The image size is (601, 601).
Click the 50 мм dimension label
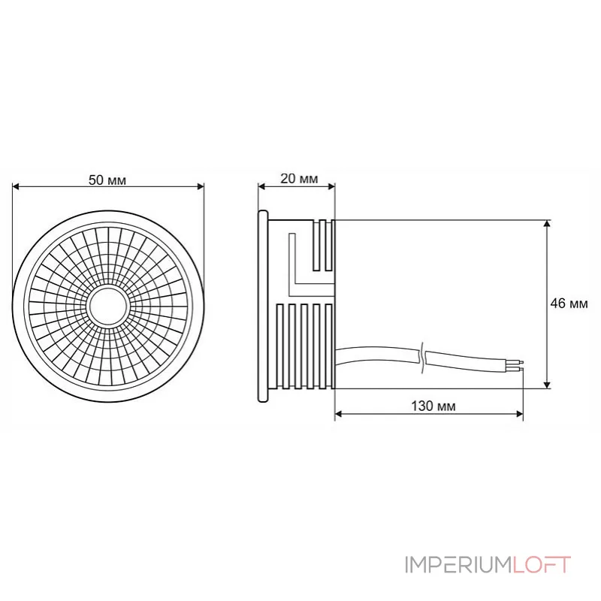(107, 180)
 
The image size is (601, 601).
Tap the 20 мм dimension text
(298, 180)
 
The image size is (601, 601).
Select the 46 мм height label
(569, 304)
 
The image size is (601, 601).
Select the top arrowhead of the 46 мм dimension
(547, 224)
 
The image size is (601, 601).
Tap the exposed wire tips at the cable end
(517, 366)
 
